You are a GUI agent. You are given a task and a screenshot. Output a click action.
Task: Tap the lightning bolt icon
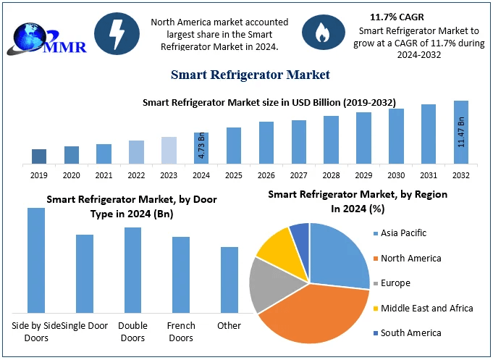click(x=117, y=33)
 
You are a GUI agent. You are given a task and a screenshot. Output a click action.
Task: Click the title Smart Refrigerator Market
click(x=250, y=74)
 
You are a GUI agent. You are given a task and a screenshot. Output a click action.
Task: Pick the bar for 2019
click(x=39, y=156)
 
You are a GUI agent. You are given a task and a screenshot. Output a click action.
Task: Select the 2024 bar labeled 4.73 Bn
click(x=201, y=148)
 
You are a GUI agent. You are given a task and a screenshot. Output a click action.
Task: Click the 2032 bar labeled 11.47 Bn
click(x=461, y=133)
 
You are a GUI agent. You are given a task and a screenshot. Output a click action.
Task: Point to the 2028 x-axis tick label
click(x=331, y=175)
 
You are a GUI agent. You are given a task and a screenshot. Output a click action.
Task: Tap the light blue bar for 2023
click(x=169, y=150)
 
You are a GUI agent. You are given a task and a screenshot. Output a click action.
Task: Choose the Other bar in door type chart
click(x=229, y=279)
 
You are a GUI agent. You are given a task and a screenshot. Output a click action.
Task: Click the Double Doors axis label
click(x=132, y=332)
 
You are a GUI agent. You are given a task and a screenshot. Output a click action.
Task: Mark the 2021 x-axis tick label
click(x=104, y=175)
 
